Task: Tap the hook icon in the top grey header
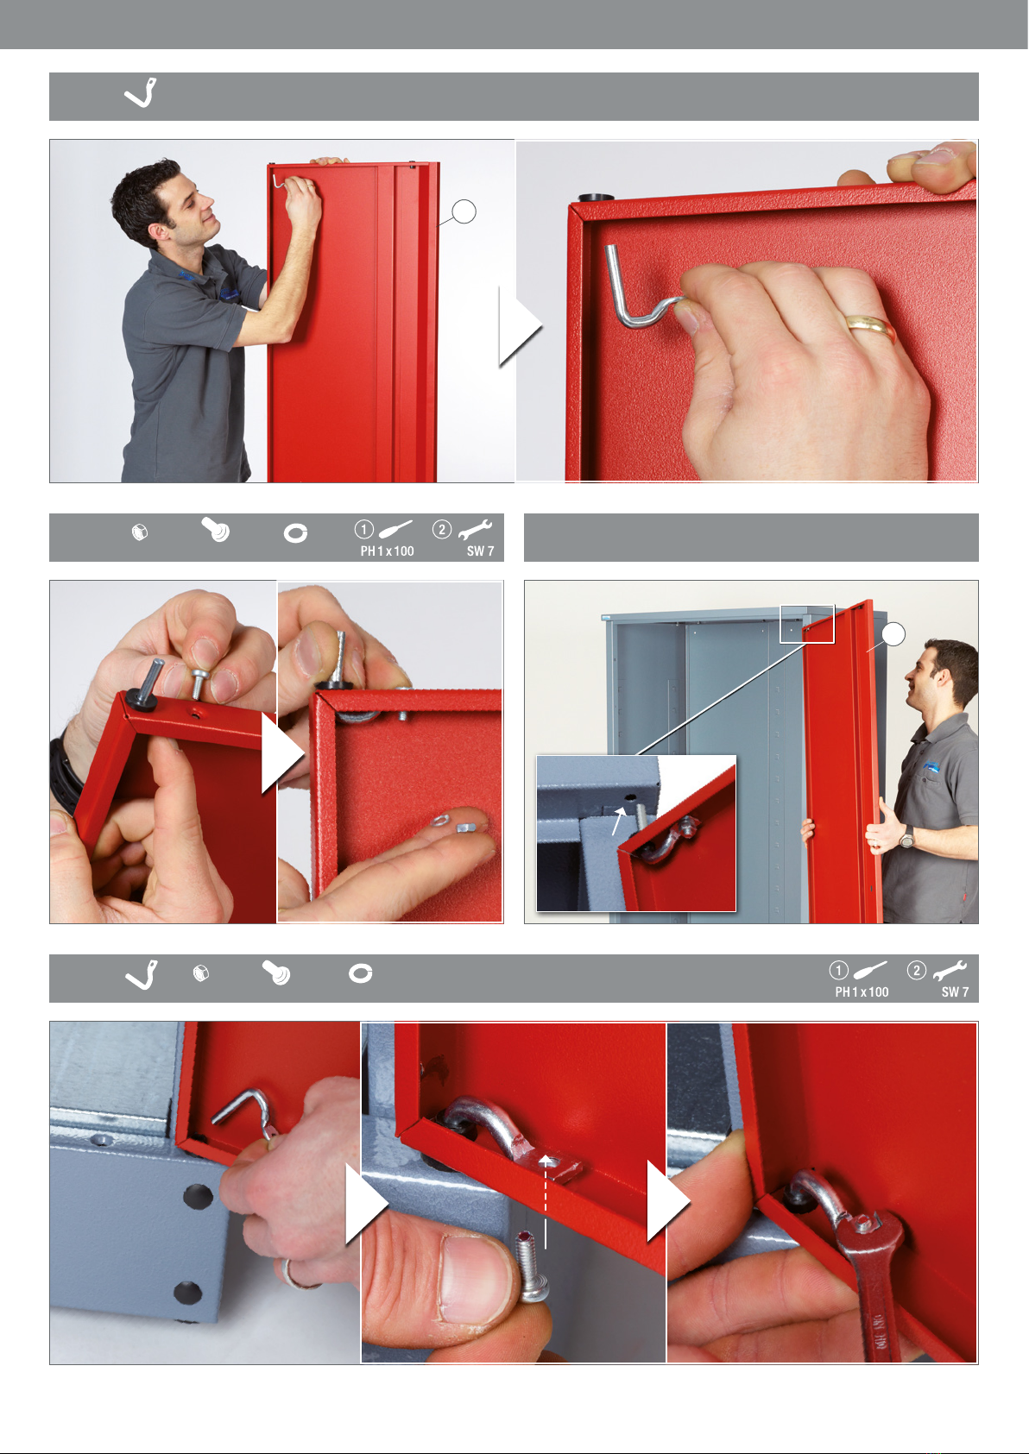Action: [141, 93]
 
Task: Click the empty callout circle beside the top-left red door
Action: [464, 211]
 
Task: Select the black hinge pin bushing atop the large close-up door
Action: [595, 197]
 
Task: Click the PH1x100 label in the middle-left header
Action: [387, 551]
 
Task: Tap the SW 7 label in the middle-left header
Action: [481, 551]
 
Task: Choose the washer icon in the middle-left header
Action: [295, 533]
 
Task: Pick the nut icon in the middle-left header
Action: [140, 532]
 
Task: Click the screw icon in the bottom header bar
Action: [276, 972]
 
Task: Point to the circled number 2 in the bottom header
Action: [916, 971]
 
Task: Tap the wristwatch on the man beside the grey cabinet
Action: [906, 837]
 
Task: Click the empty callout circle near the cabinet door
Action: [894, 634]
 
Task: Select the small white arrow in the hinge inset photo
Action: [619, 821]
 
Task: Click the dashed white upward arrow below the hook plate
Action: [546, 1201]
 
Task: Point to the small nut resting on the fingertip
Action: [464, 828]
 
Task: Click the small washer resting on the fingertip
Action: [440, 821]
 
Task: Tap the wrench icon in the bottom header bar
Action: [950, 970]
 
